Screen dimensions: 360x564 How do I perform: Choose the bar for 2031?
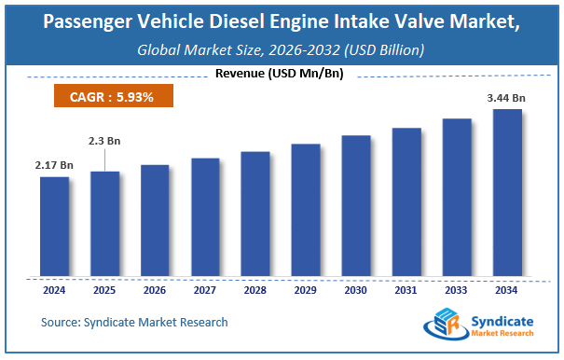pos(406,202)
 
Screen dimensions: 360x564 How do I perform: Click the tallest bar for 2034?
pos(507,193)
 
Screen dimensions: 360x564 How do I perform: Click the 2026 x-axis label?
pos(155,289)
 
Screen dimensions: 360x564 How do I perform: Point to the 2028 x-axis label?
pos(255,289)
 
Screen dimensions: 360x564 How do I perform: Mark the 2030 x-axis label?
pos(356,289)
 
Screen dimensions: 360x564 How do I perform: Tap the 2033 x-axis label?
pos(457,289)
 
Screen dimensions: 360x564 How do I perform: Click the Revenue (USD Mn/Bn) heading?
pos(282,73)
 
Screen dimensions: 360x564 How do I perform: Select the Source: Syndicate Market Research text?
pos(134,322)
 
